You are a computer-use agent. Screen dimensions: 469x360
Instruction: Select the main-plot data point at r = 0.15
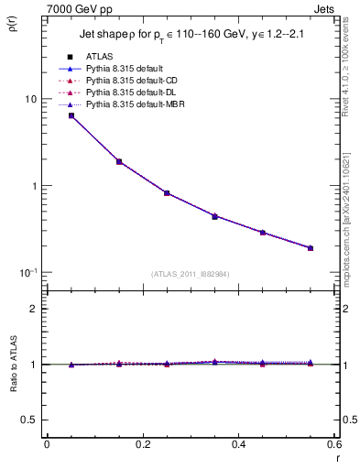119,161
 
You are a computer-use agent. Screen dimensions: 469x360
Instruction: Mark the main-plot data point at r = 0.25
167,193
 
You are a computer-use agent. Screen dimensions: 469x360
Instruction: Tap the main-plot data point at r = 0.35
214,216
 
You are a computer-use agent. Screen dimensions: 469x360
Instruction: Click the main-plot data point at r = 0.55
311,247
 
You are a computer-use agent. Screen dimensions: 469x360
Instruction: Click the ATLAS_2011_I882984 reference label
191,275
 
